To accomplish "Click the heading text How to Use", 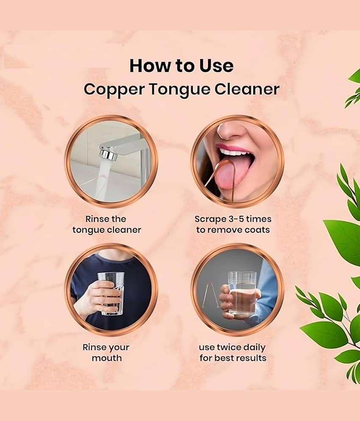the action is pos(181,66).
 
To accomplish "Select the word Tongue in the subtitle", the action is pos(179,90).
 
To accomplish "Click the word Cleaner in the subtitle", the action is pos(247,89).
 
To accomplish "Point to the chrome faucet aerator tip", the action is pos(107,154).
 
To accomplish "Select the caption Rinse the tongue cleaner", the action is pos(107,224).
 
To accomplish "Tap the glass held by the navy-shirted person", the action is pos(111,294).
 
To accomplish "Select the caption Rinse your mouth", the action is pos(106,352).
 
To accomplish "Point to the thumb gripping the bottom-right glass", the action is pos(225,289).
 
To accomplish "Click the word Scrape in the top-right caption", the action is pos(210,219).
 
